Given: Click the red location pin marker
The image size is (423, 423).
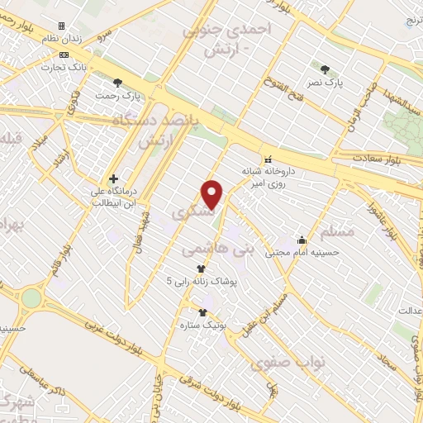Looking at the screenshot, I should click(213, 194).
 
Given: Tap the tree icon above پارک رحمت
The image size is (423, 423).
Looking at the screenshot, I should click(118, 83).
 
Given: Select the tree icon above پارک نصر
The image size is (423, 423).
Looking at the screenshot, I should click(326, 69).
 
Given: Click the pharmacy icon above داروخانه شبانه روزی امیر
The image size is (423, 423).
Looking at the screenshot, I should click(267, 159).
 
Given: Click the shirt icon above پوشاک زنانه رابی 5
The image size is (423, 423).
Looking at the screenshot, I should click(201, 269).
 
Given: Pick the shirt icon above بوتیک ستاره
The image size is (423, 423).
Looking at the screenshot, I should click(202, 311).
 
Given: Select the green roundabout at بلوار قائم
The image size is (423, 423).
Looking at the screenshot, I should click(31, 297).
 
